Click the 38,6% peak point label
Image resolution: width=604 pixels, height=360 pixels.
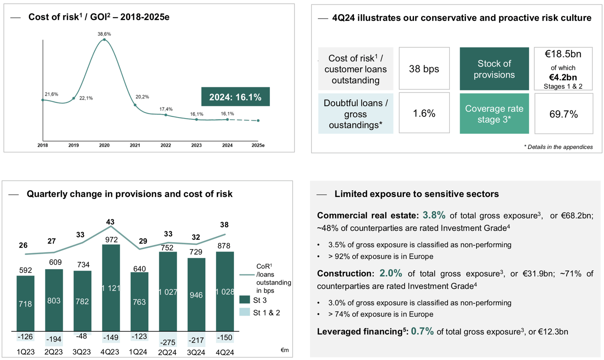click(x=104, y=34)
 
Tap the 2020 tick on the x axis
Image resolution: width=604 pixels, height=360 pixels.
click(x=104, y=145)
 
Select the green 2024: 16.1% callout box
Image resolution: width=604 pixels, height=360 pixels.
click(x=235, y=97)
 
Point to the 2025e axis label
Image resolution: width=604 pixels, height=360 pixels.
click(x=258, y=145)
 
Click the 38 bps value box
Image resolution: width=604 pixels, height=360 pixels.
click(x=424, y=69)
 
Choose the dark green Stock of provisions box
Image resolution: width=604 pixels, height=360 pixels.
click(x=494, y=69)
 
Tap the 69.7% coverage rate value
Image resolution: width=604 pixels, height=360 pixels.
click(x=563, y=114)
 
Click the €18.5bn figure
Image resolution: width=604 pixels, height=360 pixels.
click(x=563, y=54)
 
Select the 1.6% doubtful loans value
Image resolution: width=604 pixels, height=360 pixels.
click(x=424, y=114)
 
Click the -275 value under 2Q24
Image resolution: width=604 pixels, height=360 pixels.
click(x=168, y=342)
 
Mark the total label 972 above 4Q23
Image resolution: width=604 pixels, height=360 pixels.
click(x=111, y=240)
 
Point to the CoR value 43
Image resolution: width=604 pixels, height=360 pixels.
click(x=110, y=222)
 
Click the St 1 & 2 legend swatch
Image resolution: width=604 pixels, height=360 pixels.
click(x=245, y=312)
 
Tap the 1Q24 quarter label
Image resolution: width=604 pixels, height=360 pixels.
click(x=138, y=352)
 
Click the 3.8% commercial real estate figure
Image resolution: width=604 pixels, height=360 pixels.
click(x=434, y=215)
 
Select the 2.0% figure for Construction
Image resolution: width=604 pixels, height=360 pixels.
click(x=390, y=273)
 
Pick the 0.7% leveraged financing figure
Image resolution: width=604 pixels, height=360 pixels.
click(x=422, y=331)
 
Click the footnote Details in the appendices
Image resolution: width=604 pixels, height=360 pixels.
click(x=558, y=147)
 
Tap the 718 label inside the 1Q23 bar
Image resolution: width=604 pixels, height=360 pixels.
click(x=26, y=304)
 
